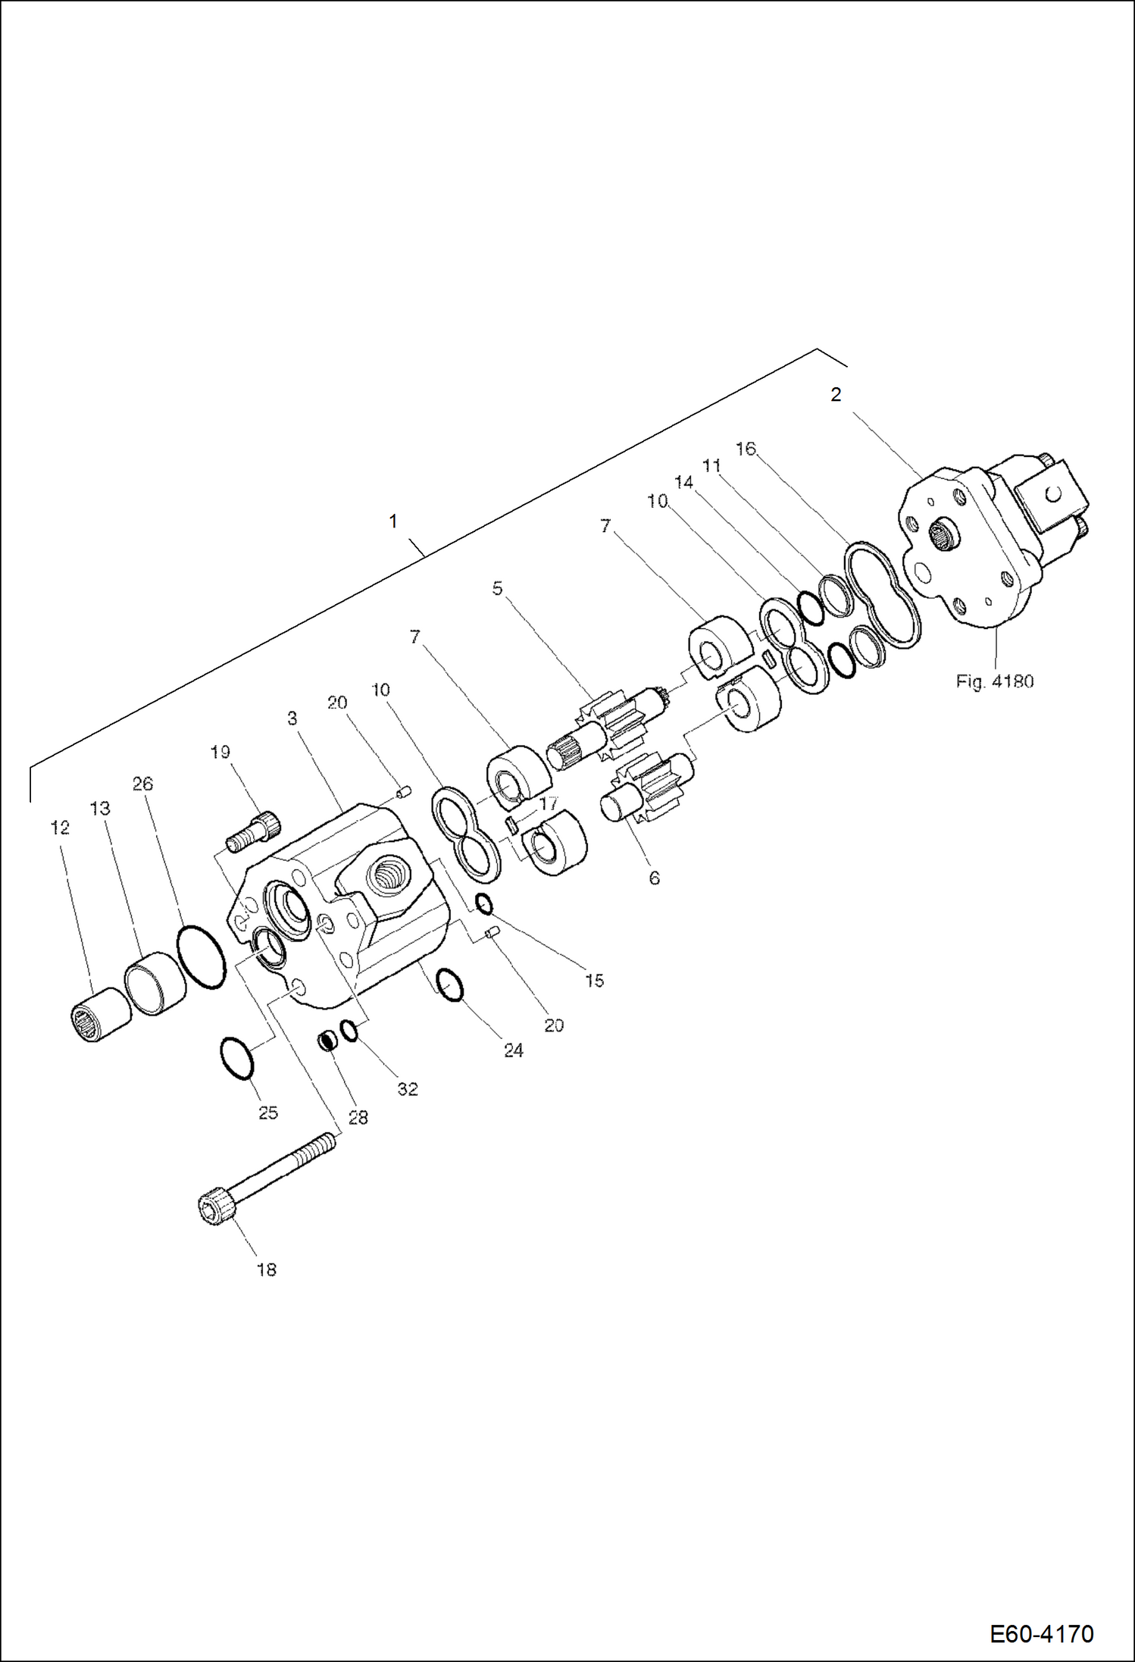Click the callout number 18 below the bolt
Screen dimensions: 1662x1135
(x=266, y=1270)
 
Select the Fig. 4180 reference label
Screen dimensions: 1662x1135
(x=994, y=681)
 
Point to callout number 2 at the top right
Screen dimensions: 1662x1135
(x=836, y=395)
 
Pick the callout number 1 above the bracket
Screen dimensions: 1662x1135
(x=392, y=521)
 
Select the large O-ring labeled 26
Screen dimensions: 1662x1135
(x=201, y=956)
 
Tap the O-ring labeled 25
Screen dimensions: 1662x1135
(x=236, y=1058)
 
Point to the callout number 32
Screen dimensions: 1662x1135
(x=408, y=1089)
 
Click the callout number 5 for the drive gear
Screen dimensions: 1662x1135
(x=497, y=588)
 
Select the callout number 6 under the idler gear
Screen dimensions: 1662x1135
(x=654, y=878)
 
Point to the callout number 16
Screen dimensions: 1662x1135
(x=746, y=449)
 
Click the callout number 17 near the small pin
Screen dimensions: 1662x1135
(x=548, y=803)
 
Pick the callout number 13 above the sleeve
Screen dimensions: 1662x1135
(x=100, y=809)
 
